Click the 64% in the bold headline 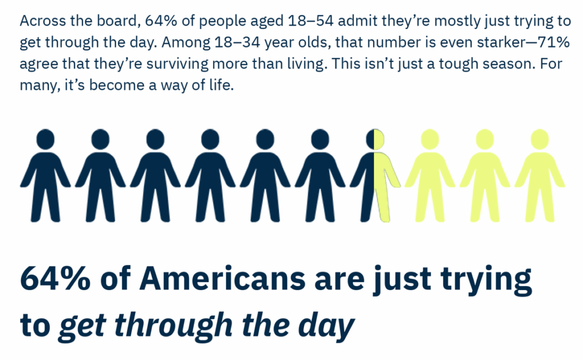pyautogui.click(x=55, y=278)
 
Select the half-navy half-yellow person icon pyautogui.click(x=375, y=175)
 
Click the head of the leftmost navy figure pyautogui.click(x=46, y=140)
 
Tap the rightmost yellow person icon pyautogui.click(x=540, y=175)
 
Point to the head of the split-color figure pyautogui.click(x=375, y=140)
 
